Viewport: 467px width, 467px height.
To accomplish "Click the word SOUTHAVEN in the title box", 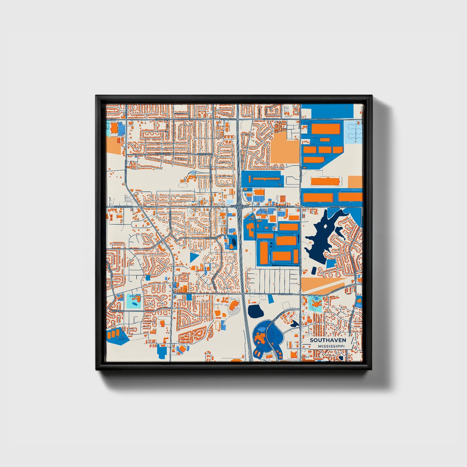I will point(328,340).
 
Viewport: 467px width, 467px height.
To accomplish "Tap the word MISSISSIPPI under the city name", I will point(331,346).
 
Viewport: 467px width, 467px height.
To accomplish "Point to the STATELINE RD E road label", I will point(338,206).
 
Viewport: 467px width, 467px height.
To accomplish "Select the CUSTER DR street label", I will point(118,311).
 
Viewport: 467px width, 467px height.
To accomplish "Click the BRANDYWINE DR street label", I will point(212,238).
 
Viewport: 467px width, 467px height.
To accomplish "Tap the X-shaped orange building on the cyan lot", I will point(315,303).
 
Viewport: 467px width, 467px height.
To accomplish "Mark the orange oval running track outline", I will point(218,325).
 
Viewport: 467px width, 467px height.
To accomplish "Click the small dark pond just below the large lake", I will point(313,270).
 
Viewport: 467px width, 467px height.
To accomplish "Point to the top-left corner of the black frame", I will point(96,96).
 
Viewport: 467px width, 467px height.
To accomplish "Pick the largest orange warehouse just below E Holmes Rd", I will point(325,129).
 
